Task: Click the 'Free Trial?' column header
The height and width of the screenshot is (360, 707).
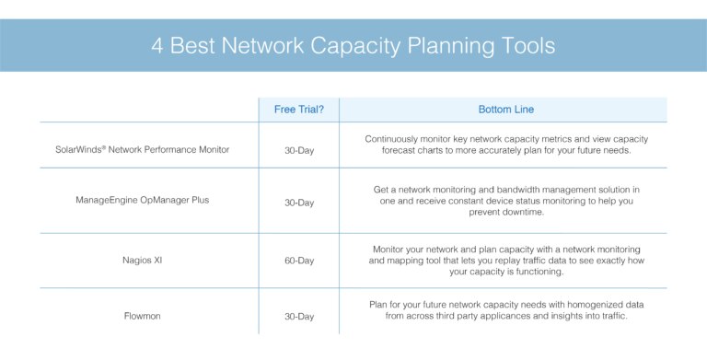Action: pos(298,110)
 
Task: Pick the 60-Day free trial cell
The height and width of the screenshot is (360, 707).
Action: pos(298,261)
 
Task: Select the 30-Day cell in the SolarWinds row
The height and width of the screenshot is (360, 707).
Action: pos(298,149)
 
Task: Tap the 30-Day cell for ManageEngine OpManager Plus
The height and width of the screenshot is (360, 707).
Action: pos(298,202)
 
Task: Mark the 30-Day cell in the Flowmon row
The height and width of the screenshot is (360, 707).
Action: pos(298,316)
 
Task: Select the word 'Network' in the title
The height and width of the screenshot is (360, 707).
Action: pos(251,46)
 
